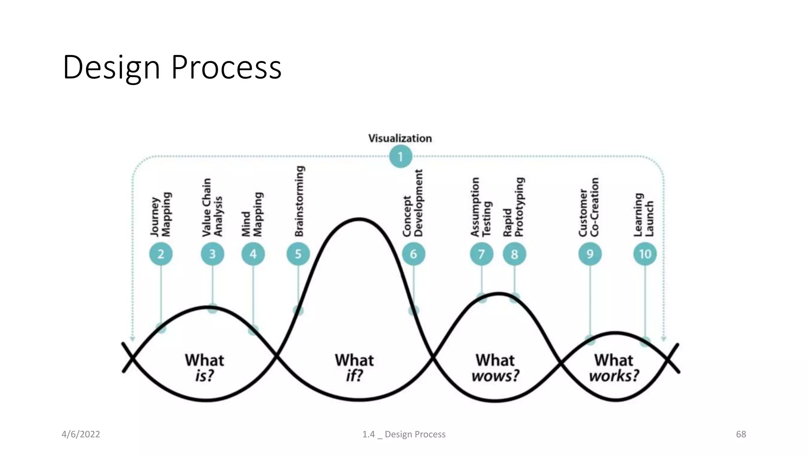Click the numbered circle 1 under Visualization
(400, 156)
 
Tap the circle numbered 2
(161, 254)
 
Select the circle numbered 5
(298, 254)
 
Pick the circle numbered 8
(514, 254)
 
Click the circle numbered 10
(645, 254)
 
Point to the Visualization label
(400, 138)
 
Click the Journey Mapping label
(161, 215)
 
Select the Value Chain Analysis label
(212, 208)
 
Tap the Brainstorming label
(299, 201)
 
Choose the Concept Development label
(413, 204)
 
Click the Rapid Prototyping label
(513, 208)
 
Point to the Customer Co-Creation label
(589, 208)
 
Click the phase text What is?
(204, 368)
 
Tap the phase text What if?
(354, 368)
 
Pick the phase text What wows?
(495, 368)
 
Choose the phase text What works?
(614, 368)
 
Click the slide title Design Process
(172, 68)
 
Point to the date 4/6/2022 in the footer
(81, 434)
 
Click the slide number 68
(741, 434)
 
